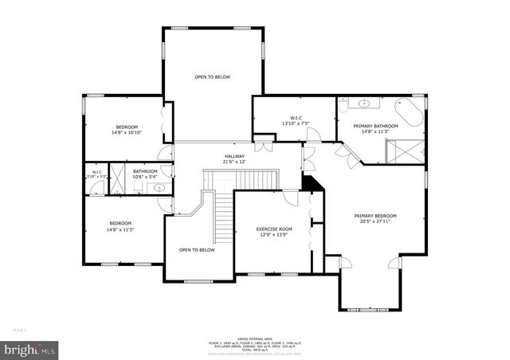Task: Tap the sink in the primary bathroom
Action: pos(365,103)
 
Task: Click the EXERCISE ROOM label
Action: pos(274,229)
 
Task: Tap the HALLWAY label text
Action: pos(233,156)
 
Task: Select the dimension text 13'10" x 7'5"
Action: pos(295,123)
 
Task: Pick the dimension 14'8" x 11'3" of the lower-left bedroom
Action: pos(120,229)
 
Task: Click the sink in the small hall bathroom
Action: pos(159,188)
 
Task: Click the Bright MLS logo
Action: pos(30,349)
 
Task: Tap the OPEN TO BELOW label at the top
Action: pos(212,77)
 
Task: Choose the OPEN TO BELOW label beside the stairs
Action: pos(196,250)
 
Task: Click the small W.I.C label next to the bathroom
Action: pos(96,173)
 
